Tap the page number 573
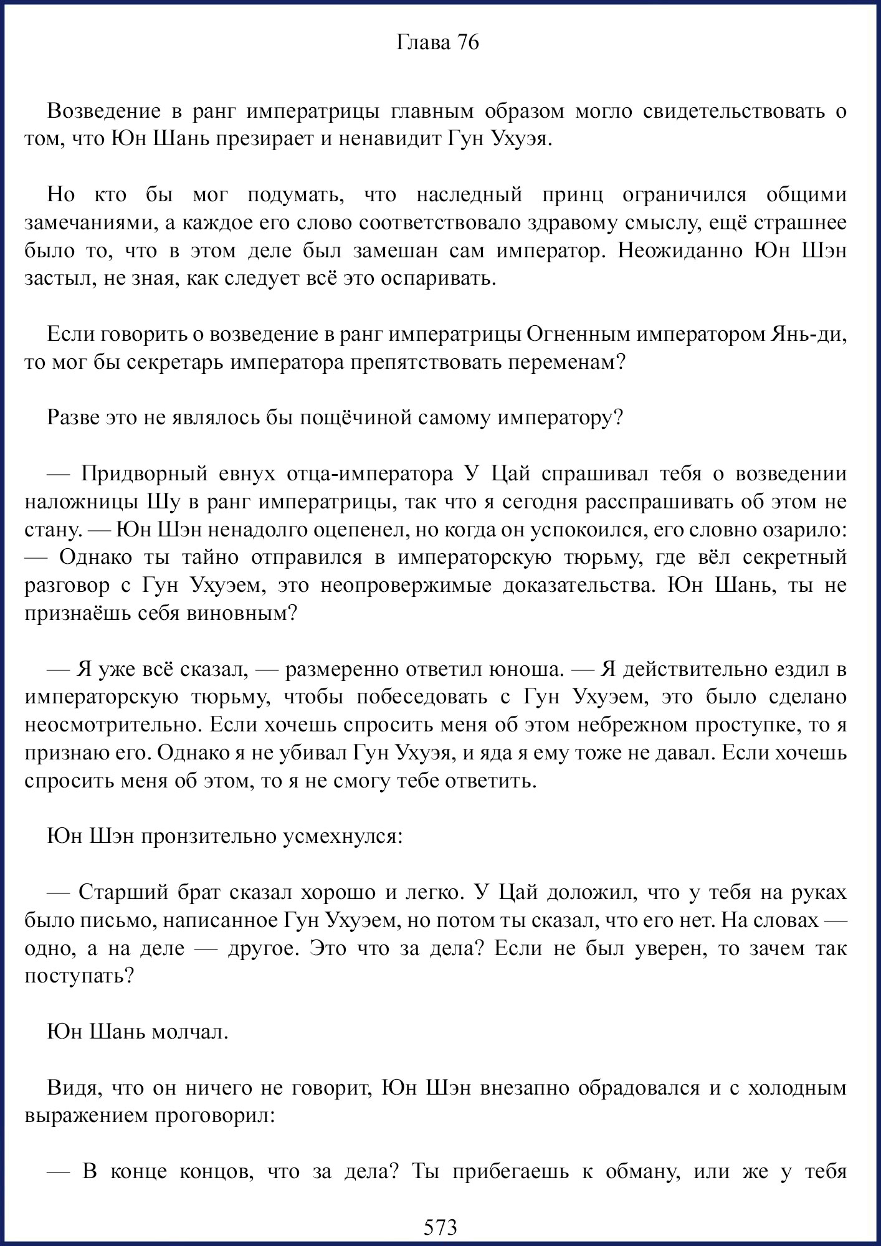pos(440,1227)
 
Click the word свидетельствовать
pos(733,111)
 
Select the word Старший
pos(118,892)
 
